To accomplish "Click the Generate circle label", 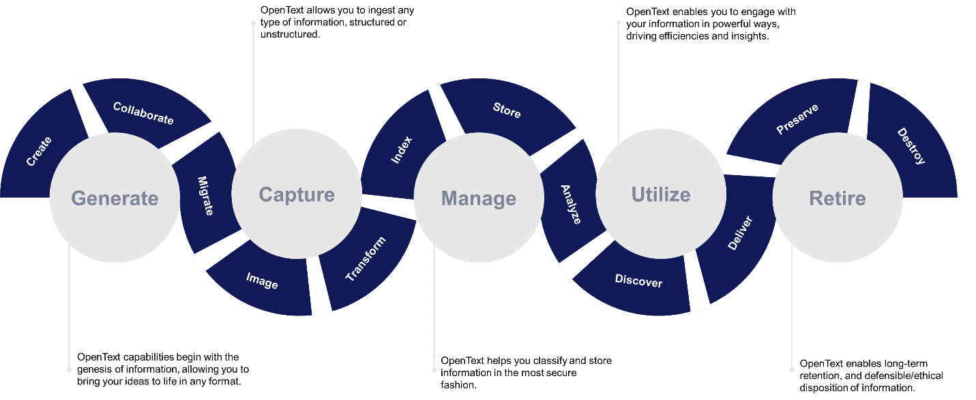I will pyautogui.click(x=115, y=198).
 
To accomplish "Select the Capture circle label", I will pyautogui.click(x=297, y=195).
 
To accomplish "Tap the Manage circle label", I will pyautogui.click(x=479, y=199).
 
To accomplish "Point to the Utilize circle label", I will pyautogui.click(x=661, y=195).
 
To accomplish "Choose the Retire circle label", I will pyautogui.click(x=838, y=199).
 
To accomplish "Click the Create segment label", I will pyautogui.click(x=39, y=151).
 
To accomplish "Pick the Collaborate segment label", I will pyautogui.click(x=143, y=113).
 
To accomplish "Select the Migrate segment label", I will pyautogui.click(x=205, y=196).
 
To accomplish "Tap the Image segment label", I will pyautogui.click(x=262, y=281).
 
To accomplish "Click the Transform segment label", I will pyautogui.click(x=366, y=260).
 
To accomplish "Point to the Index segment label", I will pyautogui.click(x=401, y=150).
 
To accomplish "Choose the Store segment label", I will pyautogui.click(x=507, y=110).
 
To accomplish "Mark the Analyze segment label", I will pyautogui.click(x=571, y=204).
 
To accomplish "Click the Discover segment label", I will pyautogui.click(x=638, y=281).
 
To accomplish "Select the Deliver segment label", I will pyautogui.click(x=739, y=233).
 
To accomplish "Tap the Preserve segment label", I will pyautogui.click(x=797, y=119).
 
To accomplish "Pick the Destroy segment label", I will pyautogui.click(x=911, y=146).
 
